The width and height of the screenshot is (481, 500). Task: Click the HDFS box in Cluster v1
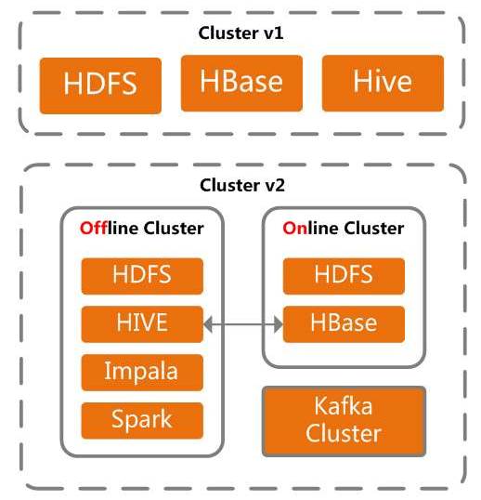[x=100, y=86]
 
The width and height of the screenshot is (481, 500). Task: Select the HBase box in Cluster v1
[x=241, y=83]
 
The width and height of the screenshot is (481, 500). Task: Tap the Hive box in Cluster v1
[x=383, y=83]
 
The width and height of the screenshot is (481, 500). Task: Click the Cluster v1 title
[x=240, y=33]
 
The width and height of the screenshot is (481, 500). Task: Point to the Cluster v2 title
[x=242, y=185]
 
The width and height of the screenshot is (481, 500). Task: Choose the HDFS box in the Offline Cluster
[x=142, y=276]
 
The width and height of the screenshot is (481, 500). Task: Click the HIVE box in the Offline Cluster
[x=142, y=324]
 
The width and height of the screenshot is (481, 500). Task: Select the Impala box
[x=142, y=373]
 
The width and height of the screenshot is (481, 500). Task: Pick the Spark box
[x=142, y=421]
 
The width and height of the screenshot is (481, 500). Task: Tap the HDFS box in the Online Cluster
[x=344, y=276]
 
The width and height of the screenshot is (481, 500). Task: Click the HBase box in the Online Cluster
[x=344, y=324]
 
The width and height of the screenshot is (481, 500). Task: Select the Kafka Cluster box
[x=344, y=421]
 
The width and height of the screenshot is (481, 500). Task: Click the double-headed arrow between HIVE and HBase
[x=243, y=324]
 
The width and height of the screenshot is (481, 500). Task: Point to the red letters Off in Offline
[x=94, y=229]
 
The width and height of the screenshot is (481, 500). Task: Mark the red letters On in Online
[x=295, y=229]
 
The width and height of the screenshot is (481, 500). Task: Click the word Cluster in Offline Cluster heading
[x=174, y=229]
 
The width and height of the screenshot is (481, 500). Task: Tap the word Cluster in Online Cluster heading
[x=374, y=229]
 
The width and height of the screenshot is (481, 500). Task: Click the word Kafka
[x=344, y=406]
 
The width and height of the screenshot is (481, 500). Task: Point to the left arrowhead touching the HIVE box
[x=208, y=324]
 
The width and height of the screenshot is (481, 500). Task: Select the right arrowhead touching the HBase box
[x=279, y=324]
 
